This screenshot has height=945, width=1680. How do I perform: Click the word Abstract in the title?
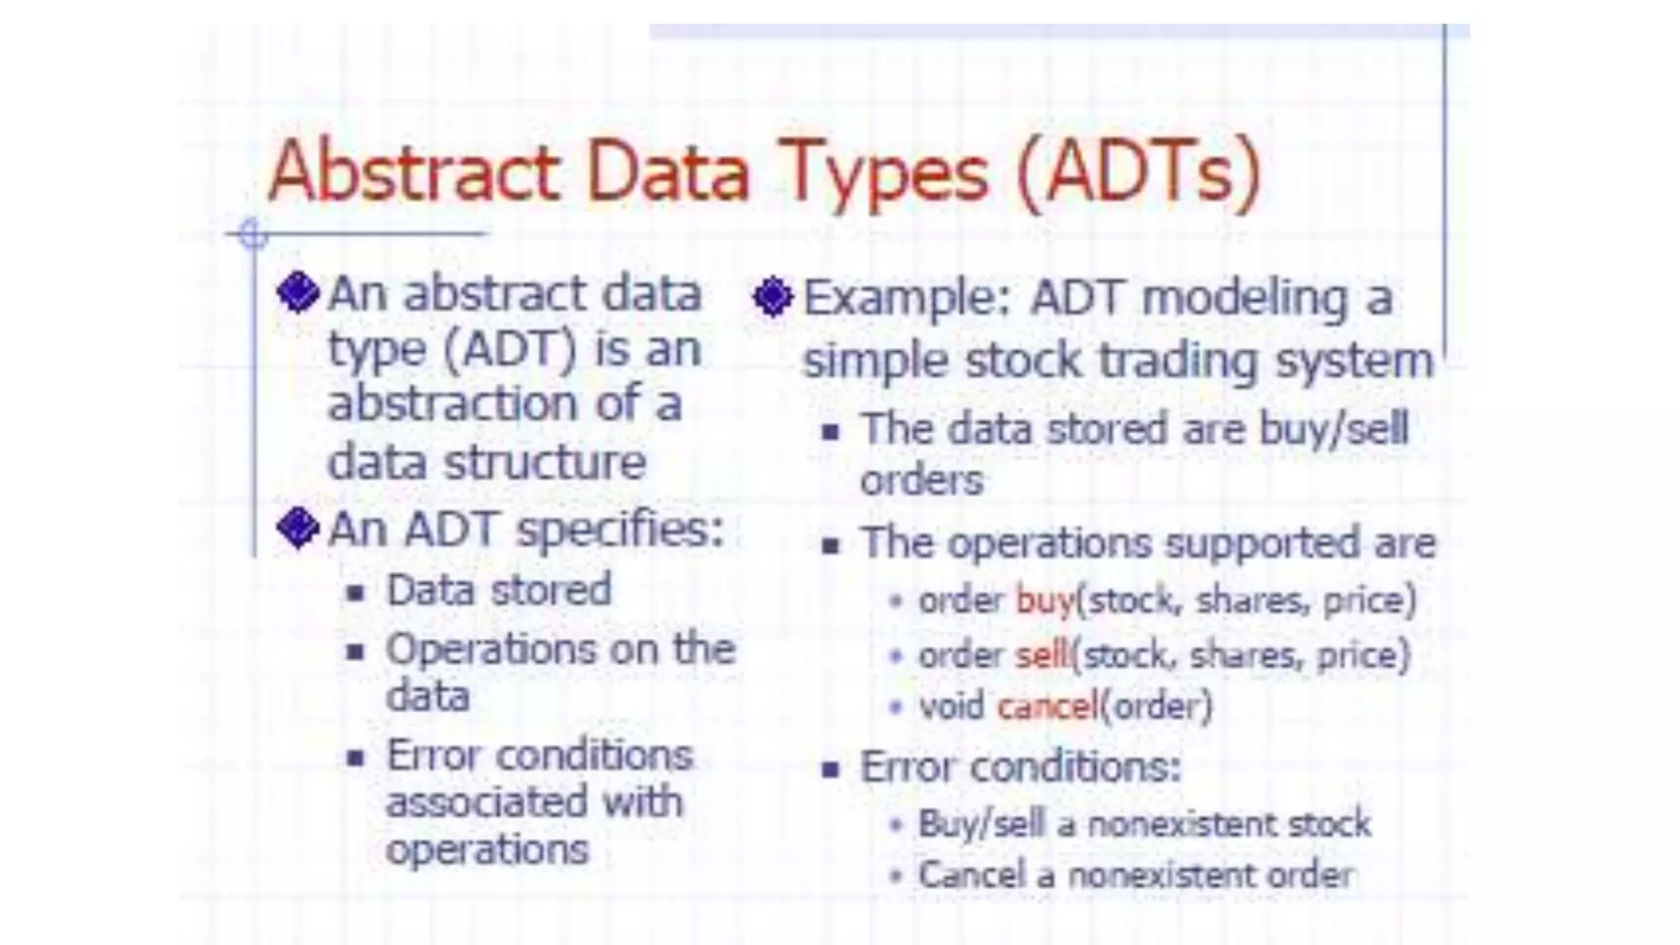414,172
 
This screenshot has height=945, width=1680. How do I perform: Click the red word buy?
1044,600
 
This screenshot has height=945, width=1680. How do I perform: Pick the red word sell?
1043,655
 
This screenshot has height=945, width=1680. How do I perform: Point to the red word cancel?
1047,706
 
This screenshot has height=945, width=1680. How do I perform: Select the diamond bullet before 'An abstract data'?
298,293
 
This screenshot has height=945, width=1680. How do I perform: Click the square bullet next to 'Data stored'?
355,592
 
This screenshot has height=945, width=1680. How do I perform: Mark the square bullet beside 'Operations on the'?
355,652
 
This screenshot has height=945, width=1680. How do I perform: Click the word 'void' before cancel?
951,706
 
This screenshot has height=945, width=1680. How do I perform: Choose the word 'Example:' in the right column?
906,298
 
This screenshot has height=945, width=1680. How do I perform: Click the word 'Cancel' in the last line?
971,875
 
